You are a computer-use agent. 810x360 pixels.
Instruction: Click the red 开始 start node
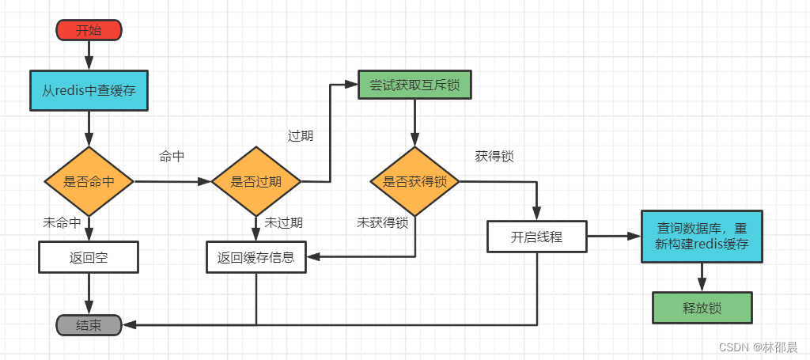click(x=89, y=31)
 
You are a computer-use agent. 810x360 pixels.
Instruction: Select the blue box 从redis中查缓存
click(x=89, y=91)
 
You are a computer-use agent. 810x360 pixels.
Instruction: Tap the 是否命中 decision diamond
click(x=89, y=181)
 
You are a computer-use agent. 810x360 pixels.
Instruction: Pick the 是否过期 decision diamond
click(x=255, y=181)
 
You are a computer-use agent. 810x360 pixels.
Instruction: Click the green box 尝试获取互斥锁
click(x=414, y=85)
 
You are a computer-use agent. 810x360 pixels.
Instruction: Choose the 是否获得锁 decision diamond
click(x=415, y=181)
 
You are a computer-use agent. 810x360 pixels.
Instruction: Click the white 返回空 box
click(x=89, y=257)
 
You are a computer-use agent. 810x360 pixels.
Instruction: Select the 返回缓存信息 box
click(x=255, y=257)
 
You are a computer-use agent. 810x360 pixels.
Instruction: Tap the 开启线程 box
click(x=537, y=237)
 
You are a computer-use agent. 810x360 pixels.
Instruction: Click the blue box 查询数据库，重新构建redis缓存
click(x=702, y=236)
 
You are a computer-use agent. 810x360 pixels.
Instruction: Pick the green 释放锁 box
click(x=702, y=308)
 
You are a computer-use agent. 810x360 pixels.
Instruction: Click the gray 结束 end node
click(x=89, y=325)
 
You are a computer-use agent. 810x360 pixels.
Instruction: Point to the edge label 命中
click(x=172, y=157)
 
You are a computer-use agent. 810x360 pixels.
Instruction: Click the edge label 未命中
click(x=62, y=223)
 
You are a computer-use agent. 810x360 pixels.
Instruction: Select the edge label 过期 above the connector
click(x=300, y=135)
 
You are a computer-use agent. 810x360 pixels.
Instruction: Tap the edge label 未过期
click(x=283, y=223)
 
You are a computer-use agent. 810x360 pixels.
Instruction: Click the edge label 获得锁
click(x=494, y=157)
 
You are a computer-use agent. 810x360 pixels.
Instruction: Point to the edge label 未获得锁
click(x=382, y=223)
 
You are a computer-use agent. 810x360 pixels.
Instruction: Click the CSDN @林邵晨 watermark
click(x=752, y=347)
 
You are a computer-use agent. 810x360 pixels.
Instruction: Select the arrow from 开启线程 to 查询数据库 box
click(x=613, y=237)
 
